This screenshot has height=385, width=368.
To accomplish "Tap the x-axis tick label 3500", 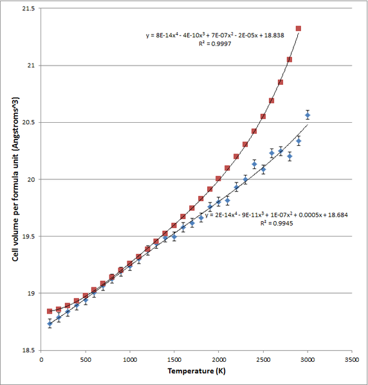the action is pos(352,360).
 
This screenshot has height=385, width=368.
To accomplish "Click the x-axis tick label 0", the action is pos(41,360).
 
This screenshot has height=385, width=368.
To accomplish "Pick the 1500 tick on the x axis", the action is pos(174,360).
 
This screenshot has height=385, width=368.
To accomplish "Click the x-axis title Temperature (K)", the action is pos(196,371).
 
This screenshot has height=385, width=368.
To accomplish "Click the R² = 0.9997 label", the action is pos(215,44).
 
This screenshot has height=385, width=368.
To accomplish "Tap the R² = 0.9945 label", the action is pos(277,223).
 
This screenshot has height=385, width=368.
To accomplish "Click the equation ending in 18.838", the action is pos(215,35).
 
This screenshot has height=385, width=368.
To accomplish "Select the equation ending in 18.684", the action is pos(277,215).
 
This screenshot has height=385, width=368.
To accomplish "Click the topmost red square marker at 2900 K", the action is pos(299,28).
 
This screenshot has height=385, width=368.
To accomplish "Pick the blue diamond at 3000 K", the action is pos(308,115).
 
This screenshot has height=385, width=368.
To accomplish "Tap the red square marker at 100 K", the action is pos(50,311).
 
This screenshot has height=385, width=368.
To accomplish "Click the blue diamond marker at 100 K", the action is pos(50,324).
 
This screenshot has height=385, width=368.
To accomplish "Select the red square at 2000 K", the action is pos(218,179).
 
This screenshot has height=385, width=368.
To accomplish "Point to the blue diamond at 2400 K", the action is pos(254,165).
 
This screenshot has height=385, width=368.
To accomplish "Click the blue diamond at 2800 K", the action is pos(290,156).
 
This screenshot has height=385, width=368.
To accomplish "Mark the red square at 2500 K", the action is pos(262,116).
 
